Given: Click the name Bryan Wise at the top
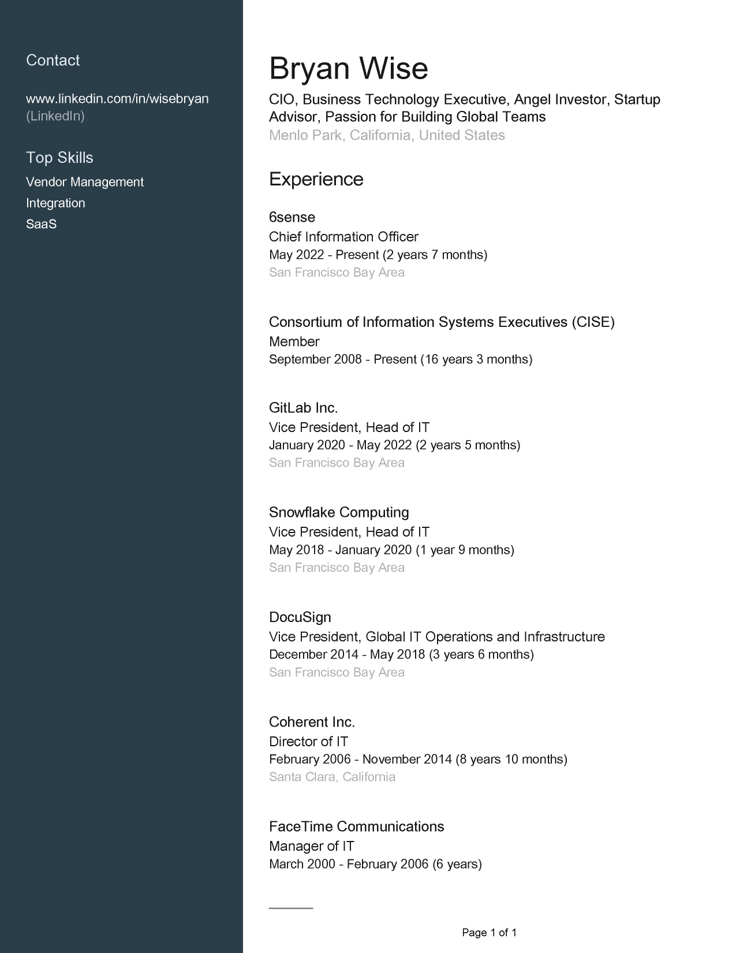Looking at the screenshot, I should coord(348,69).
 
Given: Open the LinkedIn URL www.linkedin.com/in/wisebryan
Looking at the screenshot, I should coord(117,99).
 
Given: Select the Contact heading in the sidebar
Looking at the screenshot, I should coord(53,61).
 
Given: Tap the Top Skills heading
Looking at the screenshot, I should coord(59,158).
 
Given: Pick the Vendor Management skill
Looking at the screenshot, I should coord(84,182).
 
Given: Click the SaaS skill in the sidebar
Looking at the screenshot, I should coord(41,224).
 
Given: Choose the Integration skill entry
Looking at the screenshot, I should coord(55,203).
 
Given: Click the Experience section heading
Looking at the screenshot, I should coord(316,179).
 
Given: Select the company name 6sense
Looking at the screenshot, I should coord(292,217).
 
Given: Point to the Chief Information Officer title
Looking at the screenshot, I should coord(343,237).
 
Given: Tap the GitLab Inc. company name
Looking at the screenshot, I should coord(303,408).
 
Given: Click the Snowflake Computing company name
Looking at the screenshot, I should coord(339,512).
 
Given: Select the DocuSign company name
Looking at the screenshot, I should coord(300,617).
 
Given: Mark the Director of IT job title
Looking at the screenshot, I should coord(308,742).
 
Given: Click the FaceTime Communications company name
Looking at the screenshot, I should coord(356,827).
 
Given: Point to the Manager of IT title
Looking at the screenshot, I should coord(311,846).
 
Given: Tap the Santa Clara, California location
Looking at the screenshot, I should coord(332,777).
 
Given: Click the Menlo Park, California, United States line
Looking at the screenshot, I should coord(387,135).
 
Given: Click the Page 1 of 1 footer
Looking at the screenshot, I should coord(489,932).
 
